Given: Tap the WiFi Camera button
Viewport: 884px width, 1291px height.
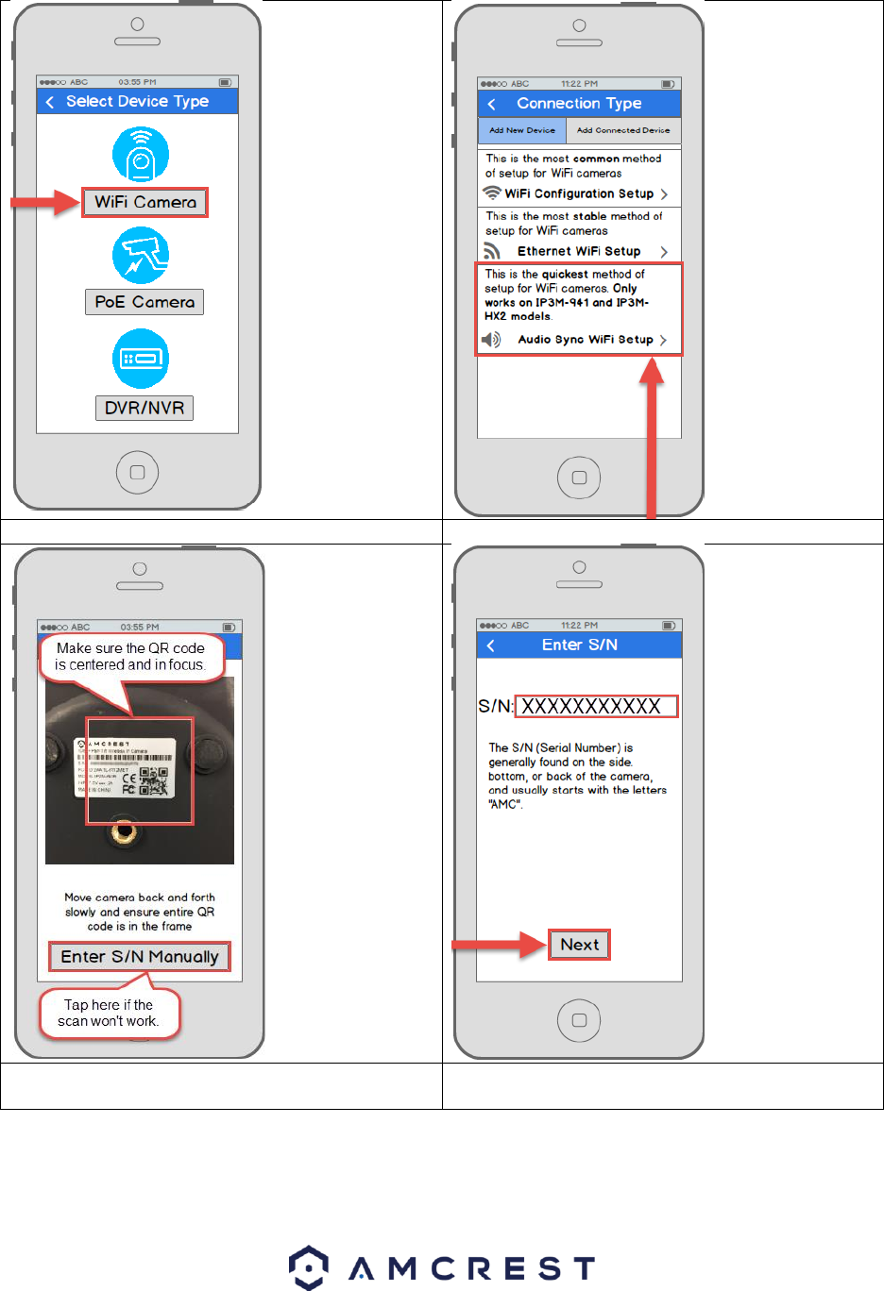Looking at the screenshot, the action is click(x=144, y=202).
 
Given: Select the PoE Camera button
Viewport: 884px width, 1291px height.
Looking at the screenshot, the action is click(x=144, y=302).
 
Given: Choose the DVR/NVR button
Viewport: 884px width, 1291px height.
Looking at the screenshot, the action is click(x=144, y=408).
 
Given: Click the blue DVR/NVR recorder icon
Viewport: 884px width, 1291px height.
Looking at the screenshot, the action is click(x=141, y=359).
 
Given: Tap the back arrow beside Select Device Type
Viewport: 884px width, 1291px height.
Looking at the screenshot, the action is click(x=50, y=102).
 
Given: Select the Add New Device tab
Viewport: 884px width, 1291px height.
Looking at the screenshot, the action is click(x=522, y=130).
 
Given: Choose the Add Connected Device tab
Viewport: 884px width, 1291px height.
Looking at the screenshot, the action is click(x=623, y=130).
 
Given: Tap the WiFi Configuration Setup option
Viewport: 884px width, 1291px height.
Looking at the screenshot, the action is click(x=579, y=193).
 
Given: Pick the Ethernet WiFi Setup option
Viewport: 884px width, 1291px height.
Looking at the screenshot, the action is click(x=579, y=251).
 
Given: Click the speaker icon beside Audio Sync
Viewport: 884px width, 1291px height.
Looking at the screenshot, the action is click(x=491, y=340).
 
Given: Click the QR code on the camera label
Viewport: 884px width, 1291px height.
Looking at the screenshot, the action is click(x=153, y=780).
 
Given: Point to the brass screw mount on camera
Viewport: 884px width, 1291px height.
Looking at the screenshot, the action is click(x=122, y=831).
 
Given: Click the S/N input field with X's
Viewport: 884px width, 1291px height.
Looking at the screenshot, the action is click(x=596, y=706).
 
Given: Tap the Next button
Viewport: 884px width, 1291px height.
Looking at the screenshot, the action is click(x=580, y=945).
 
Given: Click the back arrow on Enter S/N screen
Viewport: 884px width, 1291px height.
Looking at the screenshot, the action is click(x=491, y=645).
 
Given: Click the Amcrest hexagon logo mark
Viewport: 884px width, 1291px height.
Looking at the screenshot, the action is click(x=309, y=1267).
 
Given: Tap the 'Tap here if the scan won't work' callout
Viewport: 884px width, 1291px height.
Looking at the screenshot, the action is click(x=109, y=1013).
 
